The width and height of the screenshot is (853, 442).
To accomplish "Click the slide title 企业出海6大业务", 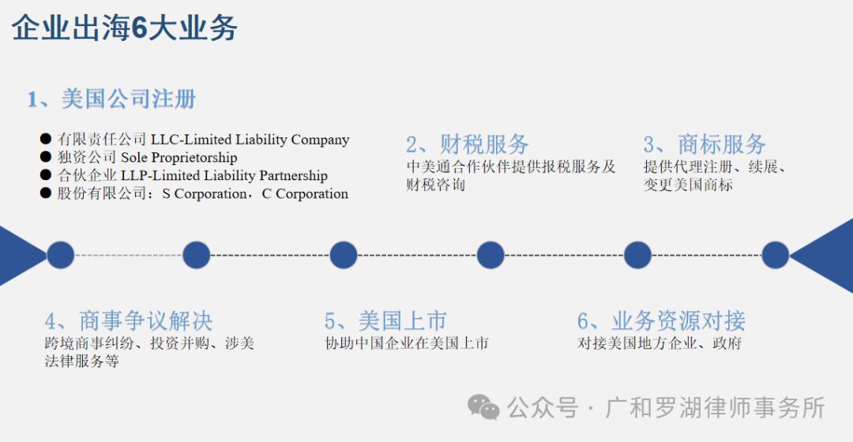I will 125,29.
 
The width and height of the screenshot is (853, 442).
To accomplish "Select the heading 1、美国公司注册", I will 111,99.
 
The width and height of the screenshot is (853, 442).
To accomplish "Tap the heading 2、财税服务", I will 468,144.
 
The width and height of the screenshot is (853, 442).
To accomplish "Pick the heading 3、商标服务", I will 705,144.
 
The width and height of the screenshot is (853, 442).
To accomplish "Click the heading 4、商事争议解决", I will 129,321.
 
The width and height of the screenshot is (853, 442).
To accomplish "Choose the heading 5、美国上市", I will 385,321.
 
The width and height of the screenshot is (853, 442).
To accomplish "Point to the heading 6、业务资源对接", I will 661,321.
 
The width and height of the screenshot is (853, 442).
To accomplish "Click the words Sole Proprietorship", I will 178,158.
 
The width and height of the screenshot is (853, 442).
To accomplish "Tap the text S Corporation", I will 205,194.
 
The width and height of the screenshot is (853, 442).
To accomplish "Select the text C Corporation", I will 305,194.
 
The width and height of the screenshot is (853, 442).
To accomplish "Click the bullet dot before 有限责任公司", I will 46,140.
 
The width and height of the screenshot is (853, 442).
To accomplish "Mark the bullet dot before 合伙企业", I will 46,176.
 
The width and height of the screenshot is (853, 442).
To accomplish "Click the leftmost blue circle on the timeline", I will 60,255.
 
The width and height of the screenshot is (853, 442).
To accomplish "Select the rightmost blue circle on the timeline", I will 776,255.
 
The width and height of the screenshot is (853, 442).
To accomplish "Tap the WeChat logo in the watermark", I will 483,407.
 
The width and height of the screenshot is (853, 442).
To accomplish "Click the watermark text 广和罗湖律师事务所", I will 716,408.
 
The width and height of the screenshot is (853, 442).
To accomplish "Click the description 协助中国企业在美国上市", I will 407,344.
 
